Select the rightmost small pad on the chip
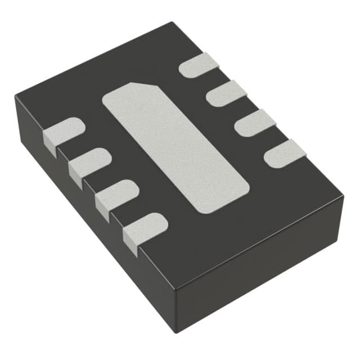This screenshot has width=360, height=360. click(285, 154)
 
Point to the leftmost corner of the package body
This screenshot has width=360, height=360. click(16, 97)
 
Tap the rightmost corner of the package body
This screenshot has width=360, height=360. click(343, 197)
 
